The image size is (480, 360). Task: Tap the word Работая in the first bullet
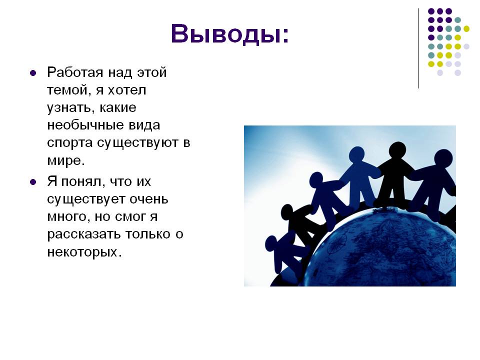(x=75, y=72)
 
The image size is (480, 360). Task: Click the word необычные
(x=85, y=125)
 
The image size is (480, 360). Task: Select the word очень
(x=149, y=199)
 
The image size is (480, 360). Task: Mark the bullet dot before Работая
(x=33, y=73)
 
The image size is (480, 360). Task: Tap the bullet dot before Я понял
(x=33, y=182)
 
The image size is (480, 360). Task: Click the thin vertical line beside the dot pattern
(x=418, y=48)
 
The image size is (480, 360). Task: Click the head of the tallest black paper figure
(x=397, y=150)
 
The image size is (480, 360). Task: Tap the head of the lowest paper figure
(x=271, y=243)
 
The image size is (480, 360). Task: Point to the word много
(x=69, y=217)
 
